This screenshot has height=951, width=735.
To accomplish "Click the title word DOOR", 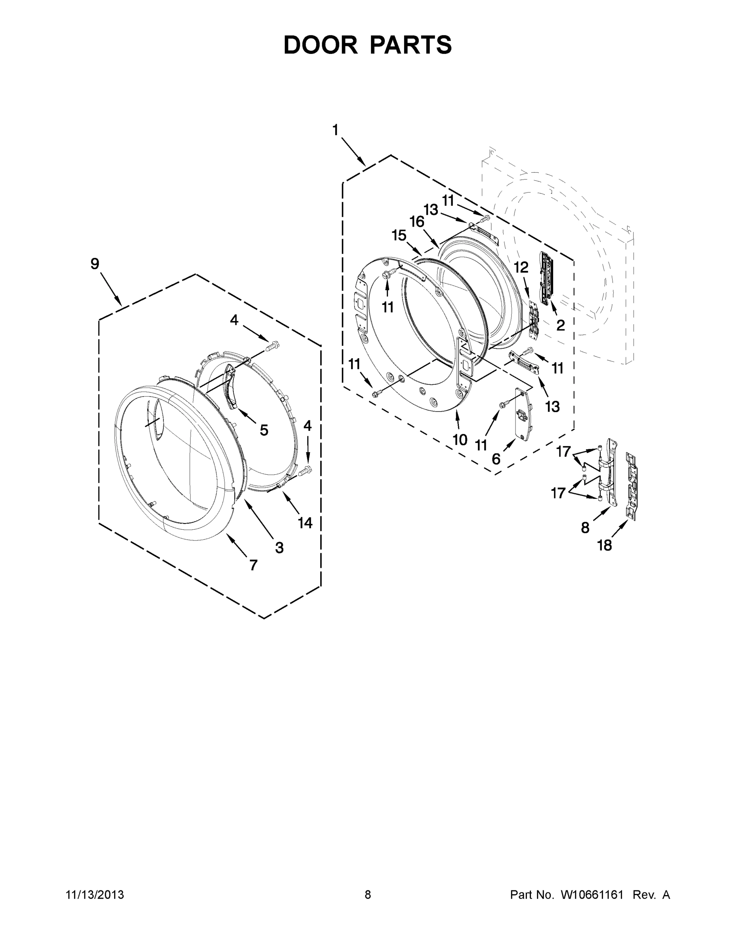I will pyautogui.click(x=321, y=45).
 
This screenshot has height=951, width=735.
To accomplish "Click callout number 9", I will pyautogui.click(x=95, y=264).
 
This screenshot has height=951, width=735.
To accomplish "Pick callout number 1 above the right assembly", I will pyautogui.click(x=335, y=130).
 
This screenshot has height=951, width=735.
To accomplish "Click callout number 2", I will pyautogui.click(x=560, y=325).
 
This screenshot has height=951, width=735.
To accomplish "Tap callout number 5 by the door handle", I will pyautogui.click(x=264, y=430).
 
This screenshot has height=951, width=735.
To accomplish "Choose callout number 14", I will pyautogui.click(x=305, y=523).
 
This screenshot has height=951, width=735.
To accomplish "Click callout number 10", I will pyautogui.click(x=460, y=440).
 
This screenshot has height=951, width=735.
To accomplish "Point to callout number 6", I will pyautogui.click(x=496, y=458).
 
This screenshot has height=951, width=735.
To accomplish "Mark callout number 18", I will pyautogui.click(x=604, y=545).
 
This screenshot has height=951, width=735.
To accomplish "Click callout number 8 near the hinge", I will pyautogui.click(x=585, y=528).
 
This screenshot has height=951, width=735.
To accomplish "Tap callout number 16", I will pyautogui.click(x=417, y=222).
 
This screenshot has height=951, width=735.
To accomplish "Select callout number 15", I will pyautogui.click(x=399, y=236).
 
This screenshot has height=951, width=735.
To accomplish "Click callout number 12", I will pyautogui.click(x=521, y=267).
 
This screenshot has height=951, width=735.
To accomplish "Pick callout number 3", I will pyautogui.click(x=279, y=547).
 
